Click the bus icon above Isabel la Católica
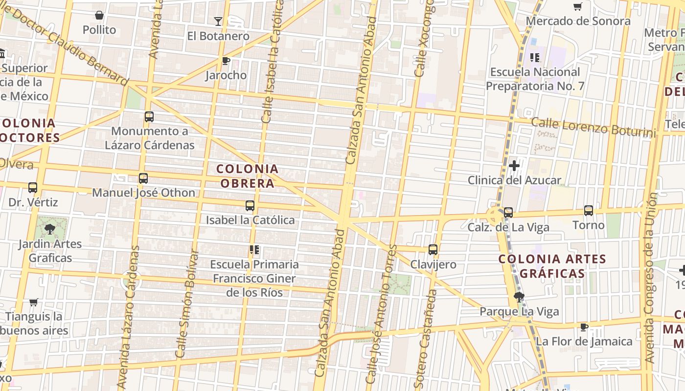click(x=250, y=206)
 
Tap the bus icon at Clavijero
click(x=433, y=250)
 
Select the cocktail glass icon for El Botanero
click(x=218, y=22)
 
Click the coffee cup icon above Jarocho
click(x=226, y=61)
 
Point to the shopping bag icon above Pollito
click(x=99, y=15)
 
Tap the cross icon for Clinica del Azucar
click(x=514, y=166)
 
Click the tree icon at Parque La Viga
click(x=519, y=297)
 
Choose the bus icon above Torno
click(x=589, y=211)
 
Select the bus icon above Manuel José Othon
click(x=143, y=178)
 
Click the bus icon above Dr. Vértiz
click(x=33, y=188)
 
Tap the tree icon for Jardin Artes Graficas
click(x=49, y=229)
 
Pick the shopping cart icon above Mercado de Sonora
click(x=578, y=7)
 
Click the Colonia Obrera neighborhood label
click(x=247, y=176)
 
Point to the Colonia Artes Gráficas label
click(x=552, y=266)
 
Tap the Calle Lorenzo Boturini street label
click(x=593, y=127)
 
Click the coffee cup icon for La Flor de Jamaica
click(x=584, y=327)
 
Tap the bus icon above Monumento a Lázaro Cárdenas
click(x=149, y=117)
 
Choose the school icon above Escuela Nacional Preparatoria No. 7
click(x=535, y=58)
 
